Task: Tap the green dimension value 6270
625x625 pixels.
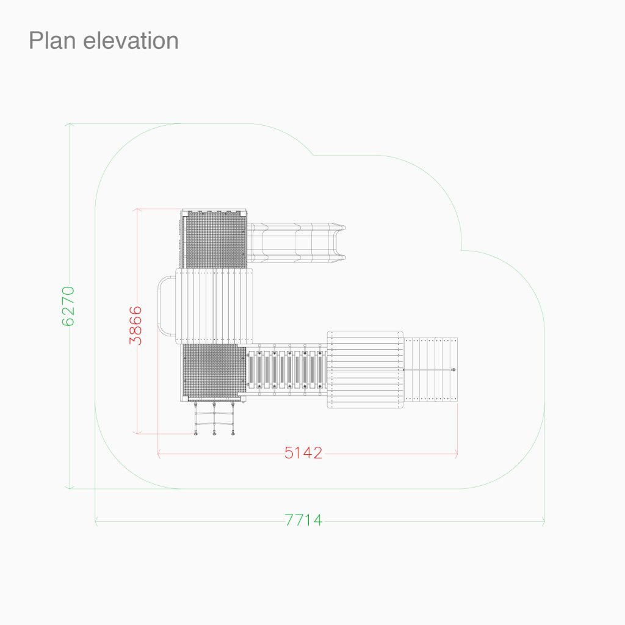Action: point(68,306)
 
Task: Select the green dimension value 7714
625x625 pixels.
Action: point(303,521)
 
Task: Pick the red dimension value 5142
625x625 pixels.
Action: point(303,453)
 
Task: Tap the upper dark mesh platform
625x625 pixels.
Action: point(214,239)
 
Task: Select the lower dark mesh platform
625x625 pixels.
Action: point(213,372)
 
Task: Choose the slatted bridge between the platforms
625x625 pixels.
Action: point(286,370)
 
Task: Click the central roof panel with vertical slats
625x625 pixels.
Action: point(214,305)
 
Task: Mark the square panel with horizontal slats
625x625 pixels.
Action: point(365,370)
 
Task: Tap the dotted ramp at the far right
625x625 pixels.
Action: point(431,369)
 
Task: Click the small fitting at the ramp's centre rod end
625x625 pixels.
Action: point(453,370)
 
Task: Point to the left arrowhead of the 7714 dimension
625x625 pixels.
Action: point(96,521)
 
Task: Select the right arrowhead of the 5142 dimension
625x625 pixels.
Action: point(456,453)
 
